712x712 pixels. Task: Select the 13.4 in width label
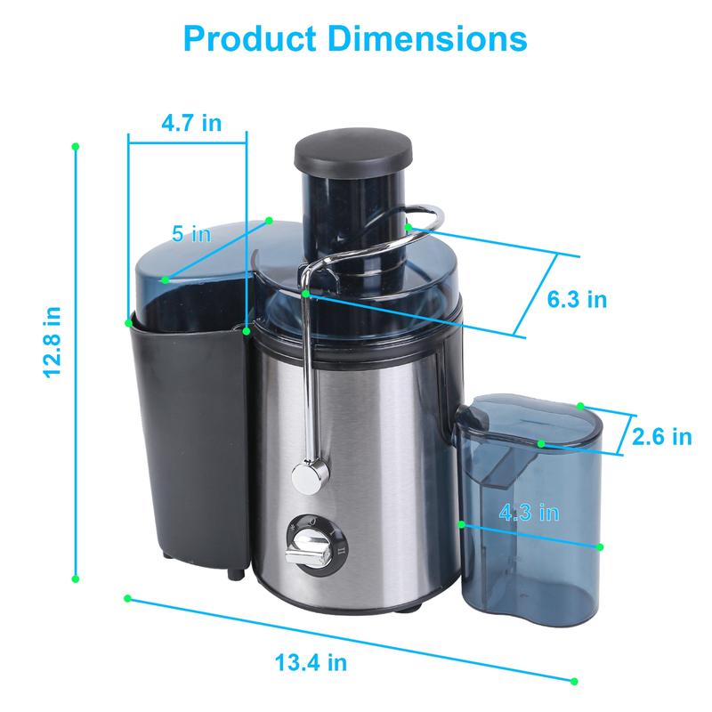pos(311,662)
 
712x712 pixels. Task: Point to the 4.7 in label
pos(190,123)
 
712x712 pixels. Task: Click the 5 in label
pos(190,234)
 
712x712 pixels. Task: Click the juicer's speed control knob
pos(307,544)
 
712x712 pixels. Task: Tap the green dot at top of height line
pos(76,144)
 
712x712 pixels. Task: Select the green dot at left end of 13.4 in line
pos(128,597)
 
